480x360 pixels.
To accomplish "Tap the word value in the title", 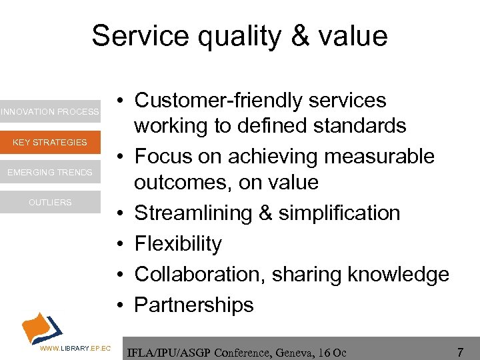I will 354,35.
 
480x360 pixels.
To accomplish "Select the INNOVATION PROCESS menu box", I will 50,112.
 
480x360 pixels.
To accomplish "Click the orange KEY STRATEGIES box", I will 50,142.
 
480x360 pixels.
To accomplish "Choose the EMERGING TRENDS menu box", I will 50,173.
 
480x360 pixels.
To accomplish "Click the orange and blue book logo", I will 41,326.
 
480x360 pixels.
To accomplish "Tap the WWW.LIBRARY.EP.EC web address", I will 75,349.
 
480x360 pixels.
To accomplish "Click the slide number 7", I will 460,350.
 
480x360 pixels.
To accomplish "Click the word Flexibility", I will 178,244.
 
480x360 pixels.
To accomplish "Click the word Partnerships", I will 194,305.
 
